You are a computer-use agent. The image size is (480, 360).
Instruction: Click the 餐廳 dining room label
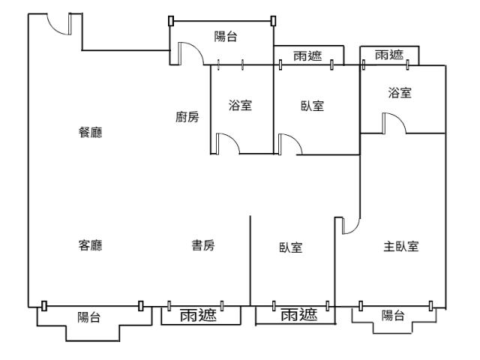pos(91,133)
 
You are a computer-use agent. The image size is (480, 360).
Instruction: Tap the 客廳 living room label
pos(91,246)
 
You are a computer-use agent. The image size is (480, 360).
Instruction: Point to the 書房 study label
pos(203,246)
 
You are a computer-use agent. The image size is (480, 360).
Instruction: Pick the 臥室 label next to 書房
pos(291,247)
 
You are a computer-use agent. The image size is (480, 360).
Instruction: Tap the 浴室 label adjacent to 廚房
pos(240,106)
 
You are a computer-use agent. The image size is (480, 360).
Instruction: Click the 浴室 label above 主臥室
pos(400,93)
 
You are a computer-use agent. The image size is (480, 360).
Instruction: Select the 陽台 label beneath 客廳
pos(90,317)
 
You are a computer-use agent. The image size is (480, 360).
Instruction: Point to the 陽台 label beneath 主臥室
pos(393,316)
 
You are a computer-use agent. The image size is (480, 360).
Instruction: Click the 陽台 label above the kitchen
pos(226,37)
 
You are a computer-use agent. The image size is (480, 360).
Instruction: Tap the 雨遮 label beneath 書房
pos(199,316)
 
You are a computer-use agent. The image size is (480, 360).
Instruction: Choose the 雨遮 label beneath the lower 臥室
pos(298,316)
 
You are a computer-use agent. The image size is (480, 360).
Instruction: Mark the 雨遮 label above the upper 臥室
pos(308,55)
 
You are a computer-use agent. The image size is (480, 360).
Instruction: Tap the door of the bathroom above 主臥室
pos(394,124)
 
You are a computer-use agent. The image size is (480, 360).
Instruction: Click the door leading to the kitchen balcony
pos(187,54)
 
